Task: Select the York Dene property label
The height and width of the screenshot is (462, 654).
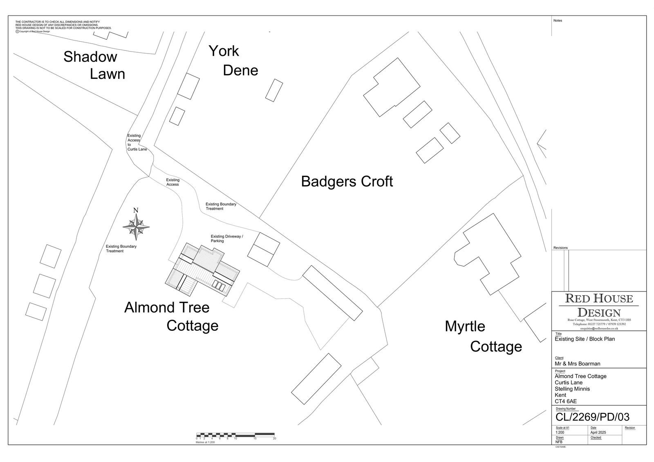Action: [233, 61]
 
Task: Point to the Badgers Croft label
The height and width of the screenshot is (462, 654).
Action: [347, 182]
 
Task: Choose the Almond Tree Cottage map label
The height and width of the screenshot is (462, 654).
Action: [171, 316]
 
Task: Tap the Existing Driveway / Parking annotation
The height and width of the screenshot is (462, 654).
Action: [226, 239]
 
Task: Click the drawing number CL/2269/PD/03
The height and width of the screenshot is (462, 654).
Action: [592, 417]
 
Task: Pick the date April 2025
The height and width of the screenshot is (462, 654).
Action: [598, 433]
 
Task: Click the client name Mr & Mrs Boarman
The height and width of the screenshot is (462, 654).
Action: [577, 363]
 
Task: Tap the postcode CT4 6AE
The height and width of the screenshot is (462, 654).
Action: [565, 401]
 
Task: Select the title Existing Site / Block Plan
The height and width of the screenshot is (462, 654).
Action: [585, 339]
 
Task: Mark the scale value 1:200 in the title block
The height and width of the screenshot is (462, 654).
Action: [560, 433]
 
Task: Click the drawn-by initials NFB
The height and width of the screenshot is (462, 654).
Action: [559, 442]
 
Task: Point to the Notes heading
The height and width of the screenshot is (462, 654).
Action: [558, 20]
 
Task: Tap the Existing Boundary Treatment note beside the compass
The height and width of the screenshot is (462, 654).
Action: [121, 249]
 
